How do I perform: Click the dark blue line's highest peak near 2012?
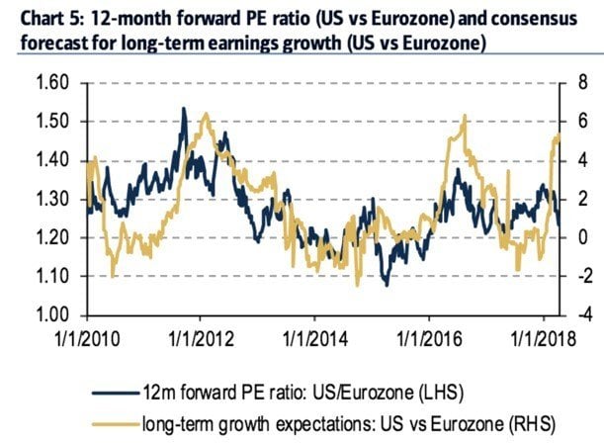pyautogui.click(x=183, y=109)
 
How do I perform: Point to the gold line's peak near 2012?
pyautogui.click(x=205, y=115)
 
